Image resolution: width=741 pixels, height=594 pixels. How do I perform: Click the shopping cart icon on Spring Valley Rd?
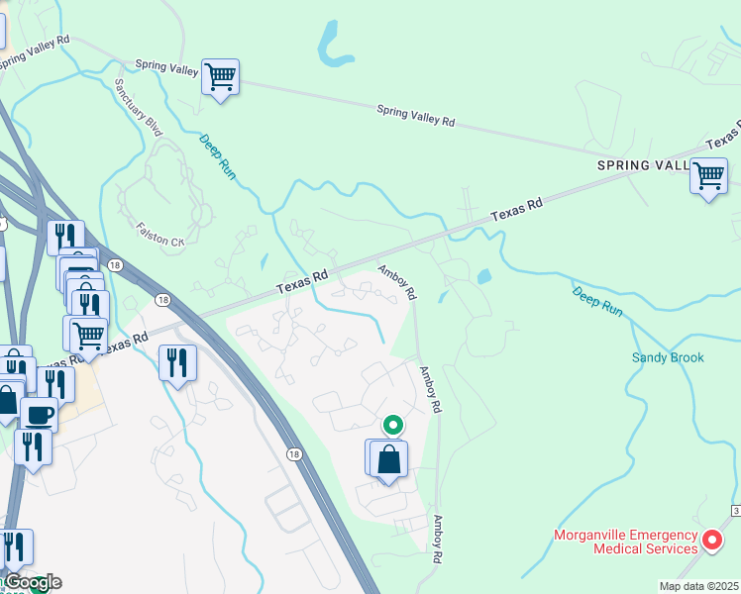pyautogui.click(x=220, y=77)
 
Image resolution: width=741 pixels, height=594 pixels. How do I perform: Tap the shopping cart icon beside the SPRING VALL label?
pyautogui.click(x=708, y=176)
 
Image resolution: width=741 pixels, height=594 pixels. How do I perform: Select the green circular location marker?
pyautogui.click(x=393, y=426)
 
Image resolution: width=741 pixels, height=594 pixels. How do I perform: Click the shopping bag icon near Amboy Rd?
pyautogui.click(x=389, y=460)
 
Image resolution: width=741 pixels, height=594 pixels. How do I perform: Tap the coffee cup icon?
pyautogui.click(x=39, y=415)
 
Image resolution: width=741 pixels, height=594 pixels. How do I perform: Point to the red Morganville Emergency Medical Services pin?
pyautogui.click(x=711, y=541)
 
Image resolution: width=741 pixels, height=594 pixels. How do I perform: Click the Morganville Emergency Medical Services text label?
pyautogui.click(x=625, y=542)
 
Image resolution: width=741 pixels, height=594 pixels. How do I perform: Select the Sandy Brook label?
pyautogui.click(x=668, y=357)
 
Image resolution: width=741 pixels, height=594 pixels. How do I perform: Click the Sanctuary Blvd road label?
pyautogui.click(x=138, y=108)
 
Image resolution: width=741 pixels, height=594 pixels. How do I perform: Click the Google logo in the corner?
pyautogui.click(x=32, y=582)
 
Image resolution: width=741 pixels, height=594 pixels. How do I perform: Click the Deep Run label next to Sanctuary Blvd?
pyautogui.click(x=218, y=155)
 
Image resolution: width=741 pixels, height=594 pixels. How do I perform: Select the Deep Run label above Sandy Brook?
pyautogui.click(x=597, y=301)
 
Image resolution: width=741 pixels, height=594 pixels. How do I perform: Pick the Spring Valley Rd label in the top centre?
pyautogui.click(x=415, y=116)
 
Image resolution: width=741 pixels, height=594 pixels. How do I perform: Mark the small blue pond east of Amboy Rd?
pyautogui.click(x=483, y=277)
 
